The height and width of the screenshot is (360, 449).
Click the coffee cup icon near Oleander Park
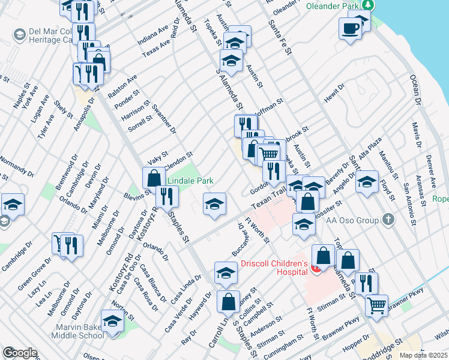pyautogui.click(x=350, y=28)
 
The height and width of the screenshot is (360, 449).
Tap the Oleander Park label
pyautogui.click(x=331, y=6)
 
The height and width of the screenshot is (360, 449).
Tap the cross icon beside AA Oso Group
pyautogui.click(x=388, y=220)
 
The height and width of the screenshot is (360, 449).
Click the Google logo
pyautogui.click(x=19, y=353)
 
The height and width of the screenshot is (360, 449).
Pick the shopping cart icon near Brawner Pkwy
pyautogui.click(x=376, y=305)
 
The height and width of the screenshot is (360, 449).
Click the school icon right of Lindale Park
pyautogui.click(x=214, y=204)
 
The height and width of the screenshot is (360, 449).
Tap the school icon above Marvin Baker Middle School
pyautogui.click(x=112, y=322)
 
